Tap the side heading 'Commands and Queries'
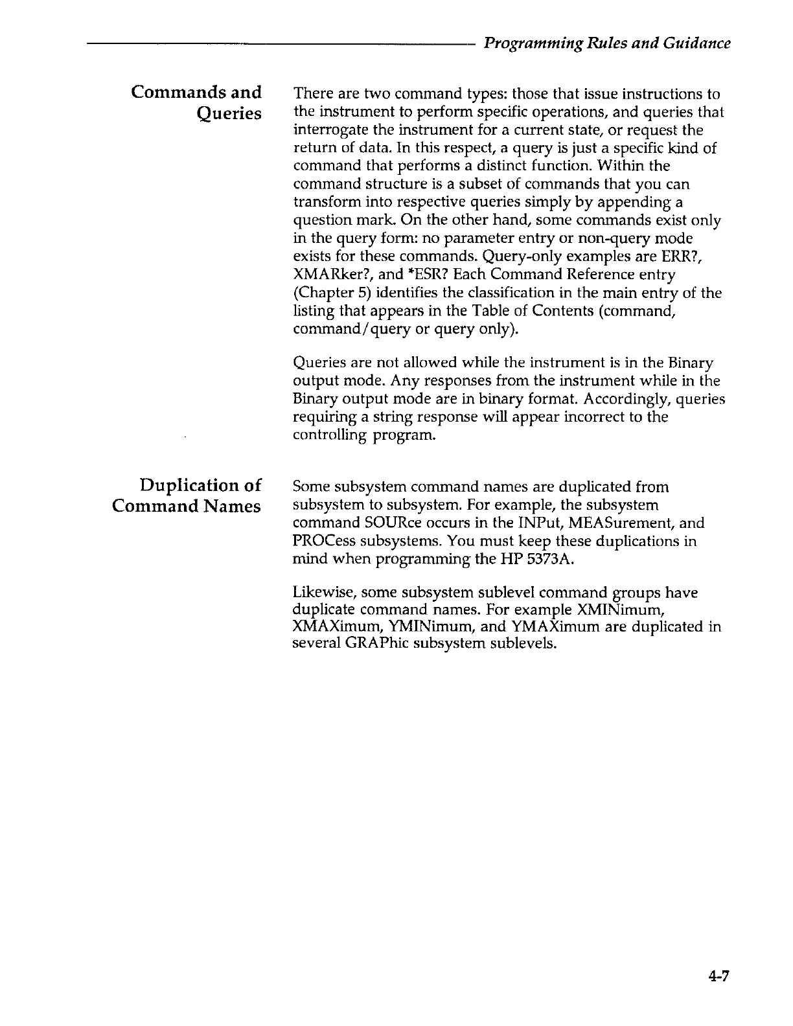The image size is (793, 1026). point(196,102)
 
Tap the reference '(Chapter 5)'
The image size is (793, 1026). point(325,293)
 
